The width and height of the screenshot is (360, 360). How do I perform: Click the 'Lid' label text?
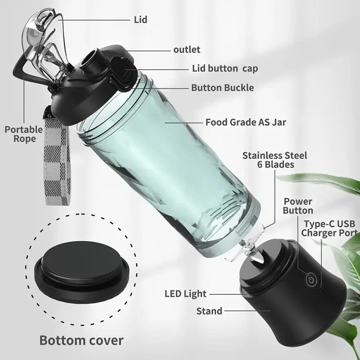pyautogui.click(x=140, y=20)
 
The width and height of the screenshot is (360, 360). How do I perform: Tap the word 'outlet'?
pyautogui.click(x=187, y=49)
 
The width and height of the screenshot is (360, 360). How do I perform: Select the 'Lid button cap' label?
pyautogui.click(x=222, y=69)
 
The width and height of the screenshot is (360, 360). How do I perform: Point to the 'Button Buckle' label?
pyautogui.click(x=222, y=88)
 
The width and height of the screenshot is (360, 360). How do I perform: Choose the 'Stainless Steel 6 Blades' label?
pyautogui.click(x=274, y=160)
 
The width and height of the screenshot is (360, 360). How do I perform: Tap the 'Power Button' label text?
pyautogui.click(x=298, y=206)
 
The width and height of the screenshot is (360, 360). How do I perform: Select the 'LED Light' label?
pyautogui.click(x=185, y=294)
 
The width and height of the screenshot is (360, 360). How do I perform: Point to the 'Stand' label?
pyautogui.click(x=209, y=310)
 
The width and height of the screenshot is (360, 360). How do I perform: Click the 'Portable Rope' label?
pyautogui.click(x=23, y=134)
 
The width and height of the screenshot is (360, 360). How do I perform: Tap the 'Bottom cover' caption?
pyautogui.click(x=81, y=340)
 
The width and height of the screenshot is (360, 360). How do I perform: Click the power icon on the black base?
pyautogui.click(x=310, y=280)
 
